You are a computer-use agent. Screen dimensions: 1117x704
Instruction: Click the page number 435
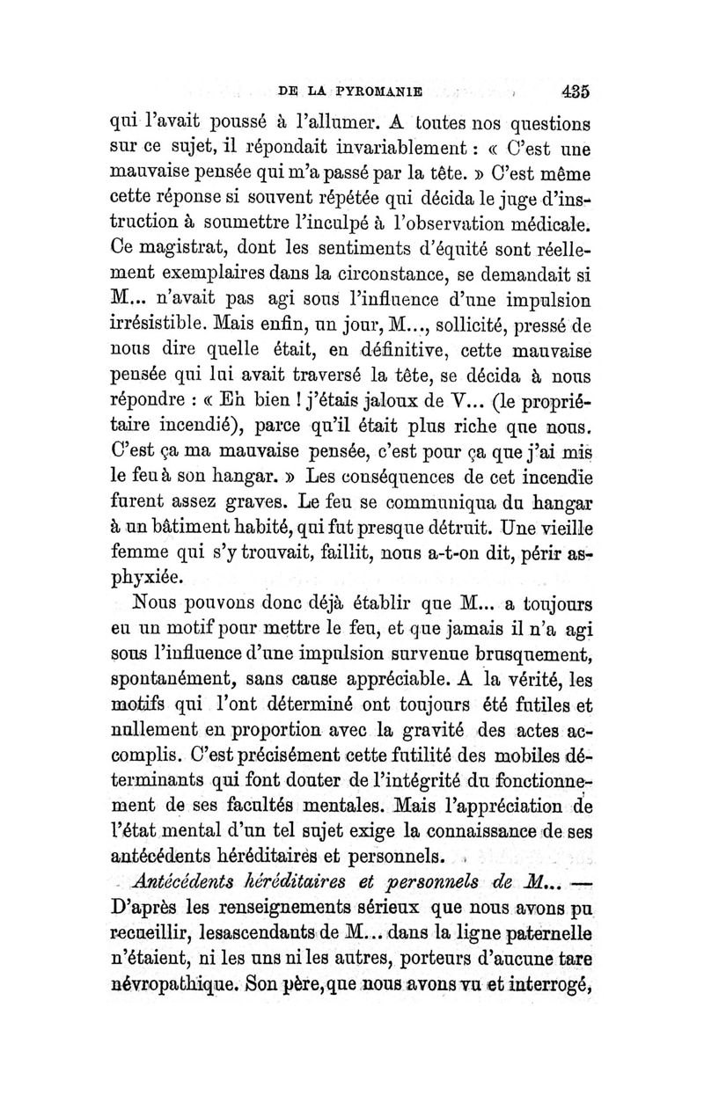pyautogui.click(x=573, y=90)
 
